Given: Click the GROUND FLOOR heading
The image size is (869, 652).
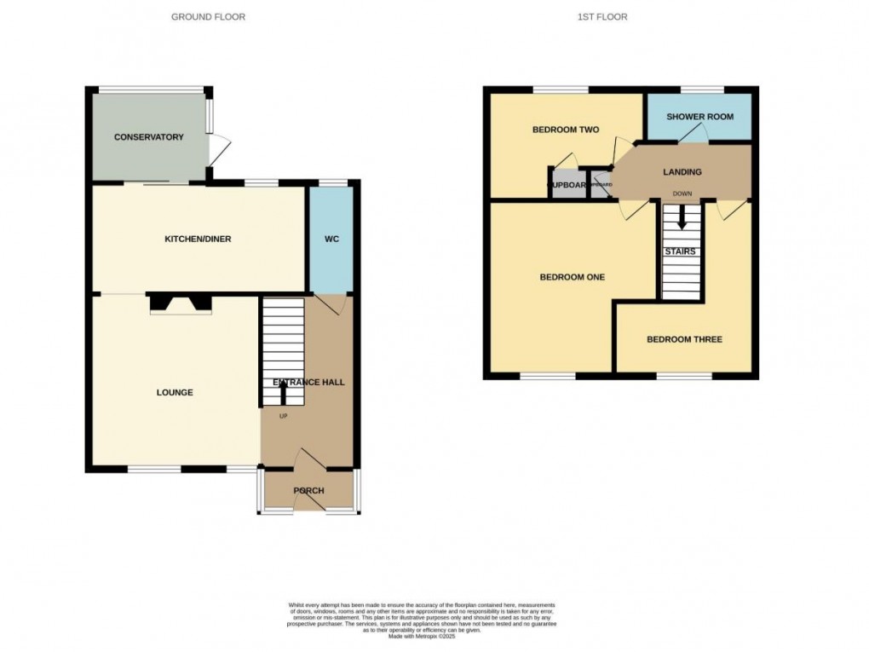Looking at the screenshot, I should tap(208, 17).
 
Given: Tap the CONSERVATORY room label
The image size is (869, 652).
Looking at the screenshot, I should tap(149, 137).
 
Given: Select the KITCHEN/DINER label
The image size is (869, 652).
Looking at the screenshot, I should tap(198, 239).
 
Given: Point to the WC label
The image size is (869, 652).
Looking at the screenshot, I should tap(331, 239).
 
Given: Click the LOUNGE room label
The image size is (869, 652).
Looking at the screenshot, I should tap(175, 393).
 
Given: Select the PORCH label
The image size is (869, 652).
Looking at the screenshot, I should tap(309, 491).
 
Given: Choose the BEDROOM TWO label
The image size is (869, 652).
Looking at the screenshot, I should tap(566, 130).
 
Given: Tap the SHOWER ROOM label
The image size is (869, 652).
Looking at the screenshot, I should tap(699, 117).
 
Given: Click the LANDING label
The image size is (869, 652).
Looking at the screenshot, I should tap(682, 172).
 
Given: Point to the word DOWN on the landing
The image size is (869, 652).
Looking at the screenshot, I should tap(682, 193).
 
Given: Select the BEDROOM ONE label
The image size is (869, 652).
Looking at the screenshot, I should tap(573, 277).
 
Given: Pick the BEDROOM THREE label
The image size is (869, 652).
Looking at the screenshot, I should tap(684, 340).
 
